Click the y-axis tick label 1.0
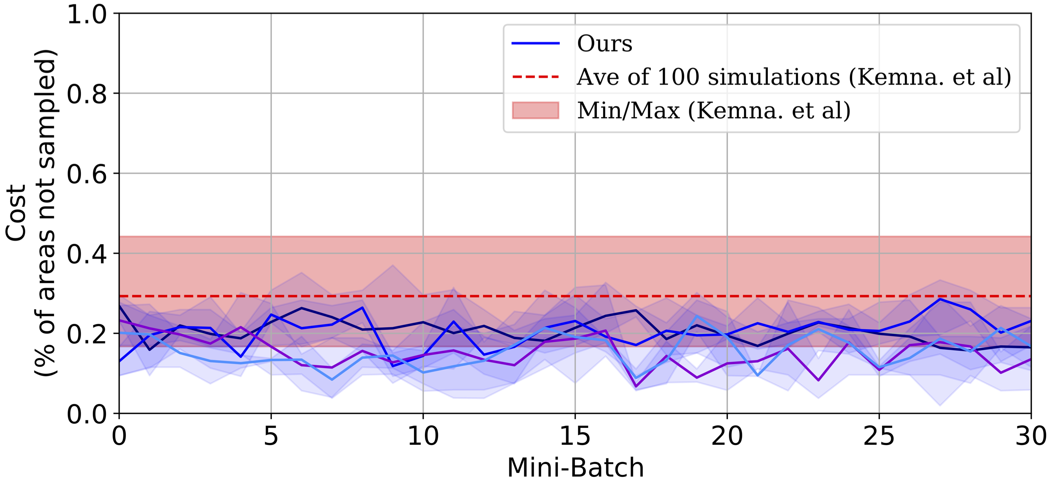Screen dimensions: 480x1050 click(x=86, y=15)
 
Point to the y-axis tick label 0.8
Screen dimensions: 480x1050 click(x=86, y=95)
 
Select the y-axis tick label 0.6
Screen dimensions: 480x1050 click(x=86, y=175)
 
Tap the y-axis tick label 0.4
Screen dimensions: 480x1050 click(x=86, y=254)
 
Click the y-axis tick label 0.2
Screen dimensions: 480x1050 click(x=86, y=334)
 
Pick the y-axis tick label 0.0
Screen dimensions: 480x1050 click(x=86, y=415)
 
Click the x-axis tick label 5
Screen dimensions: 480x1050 click(x=271, y=436)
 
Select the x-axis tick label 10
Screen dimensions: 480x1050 click(x=423, y=436)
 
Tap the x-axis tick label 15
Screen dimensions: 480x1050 click(x=575, y=436)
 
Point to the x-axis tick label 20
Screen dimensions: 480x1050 click(x=727, y=436)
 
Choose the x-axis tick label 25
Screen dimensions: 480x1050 click(x=879, y=436)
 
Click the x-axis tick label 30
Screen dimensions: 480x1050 click(x=1030, y=436)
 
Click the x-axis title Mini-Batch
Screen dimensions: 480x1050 click(x=575, y=467)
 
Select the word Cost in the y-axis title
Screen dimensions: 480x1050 click(x=16, y=213)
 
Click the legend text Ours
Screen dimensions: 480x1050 click(x=605, y=43)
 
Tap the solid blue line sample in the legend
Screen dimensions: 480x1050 click(x=535, y=43)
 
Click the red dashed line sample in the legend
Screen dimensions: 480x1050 click(x=535, y=77)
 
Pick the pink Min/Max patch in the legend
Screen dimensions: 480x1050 click(x=535, y=111)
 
